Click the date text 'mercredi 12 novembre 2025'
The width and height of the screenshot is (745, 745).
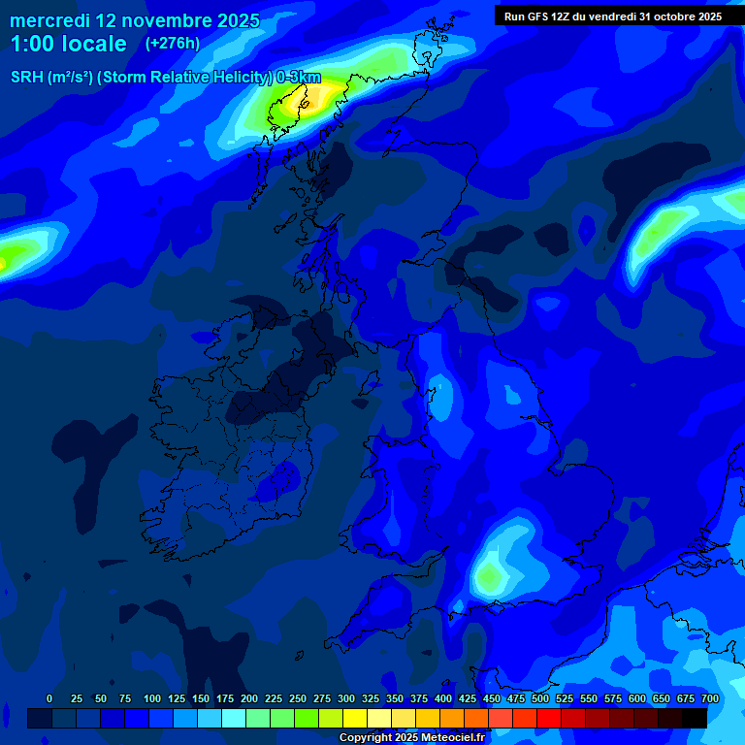[135, 20]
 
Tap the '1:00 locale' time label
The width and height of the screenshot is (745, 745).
[69, 44]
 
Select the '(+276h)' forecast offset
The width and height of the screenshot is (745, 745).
[173, 44]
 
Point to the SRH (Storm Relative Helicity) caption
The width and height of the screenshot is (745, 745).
[165, 78]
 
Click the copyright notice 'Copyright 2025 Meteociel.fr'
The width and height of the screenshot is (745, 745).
[411, 737]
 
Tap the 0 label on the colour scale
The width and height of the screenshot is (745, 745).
[49, 698]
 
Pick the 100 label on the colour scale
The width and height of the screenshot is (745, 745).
[152, 698]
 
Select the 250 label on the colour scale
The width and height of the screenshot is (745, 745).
[298, 698]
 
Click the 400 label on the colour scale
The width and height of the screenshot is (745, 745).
[443, 698]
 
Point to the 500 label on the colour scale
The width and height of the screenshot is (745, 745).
[540, 698]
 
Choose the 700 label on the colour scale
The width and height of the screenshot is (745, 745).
[710, 698]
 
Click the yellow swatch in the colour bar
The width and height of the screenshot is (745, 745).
[355, 718]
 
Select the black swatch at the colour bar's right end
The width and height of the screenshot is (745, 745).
[695, 718]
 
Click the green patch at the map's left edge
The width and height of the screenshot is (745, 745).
[12, 258]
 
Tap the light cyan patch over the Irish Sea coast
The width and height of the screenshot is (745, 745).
[441, 393]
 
